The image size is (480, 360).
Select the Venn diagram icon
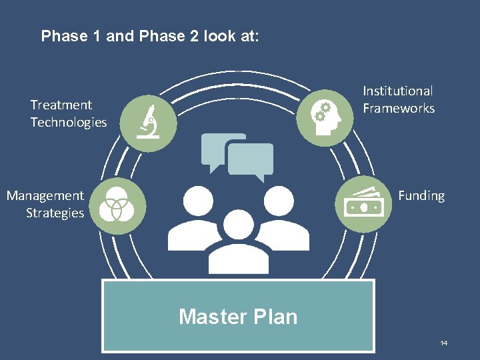(117, 205)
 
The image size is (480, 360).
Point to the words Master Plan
(238, 316)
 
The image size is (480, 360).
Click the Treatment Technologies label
(68, 113)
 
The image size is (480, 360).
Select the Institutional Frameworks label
(398, 99)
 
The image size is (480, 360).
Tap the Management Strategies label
(45, 204)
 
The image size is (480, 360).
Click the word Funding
(421, 195)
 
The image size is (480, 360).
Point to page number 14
(443, 343)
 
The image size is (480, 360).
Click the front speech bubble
(251, 161)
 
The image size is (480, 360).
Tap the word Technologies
(68, 122)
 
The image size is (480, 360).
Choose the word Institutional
(398, 91)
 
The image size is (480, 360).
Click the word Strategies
(55, 213)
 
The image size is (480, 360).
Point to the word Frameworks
(399, 108)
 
